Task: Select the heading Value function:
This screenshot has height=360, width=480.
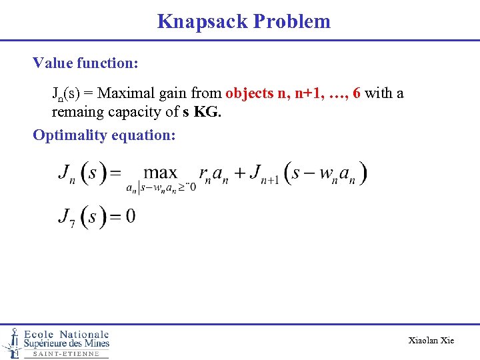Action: (x=85, y=63)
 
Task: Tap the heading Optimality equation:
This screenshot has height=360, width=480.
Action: (x=105, y=135)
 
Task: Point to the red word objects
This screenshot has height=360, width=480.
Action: (x=249, y=93)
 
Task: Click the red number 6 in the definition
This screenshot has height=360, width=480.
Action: (x=357, y=93)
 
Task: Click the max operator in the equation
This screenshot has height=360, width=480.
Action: (x=161, y=173)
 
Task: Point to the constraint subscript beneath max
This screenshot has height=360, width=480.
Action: (x=161, y=187)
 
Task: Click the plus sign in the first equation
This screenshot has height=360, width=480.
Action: (x=237, y=173)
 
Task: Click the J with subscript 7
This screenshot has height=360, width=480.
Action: (x=65, y=217)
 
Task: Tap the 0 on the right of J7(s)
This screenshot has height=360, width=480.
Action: (x=130, y=217)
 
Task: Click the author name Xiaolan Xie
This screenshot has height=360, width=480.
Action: (x=431, y=341)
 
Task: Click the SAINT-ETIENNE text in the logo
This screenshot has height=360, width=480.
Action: (x=65, y=354)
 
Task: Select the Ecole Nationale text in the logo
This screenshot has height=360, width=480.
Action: (x=66, y=334)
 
